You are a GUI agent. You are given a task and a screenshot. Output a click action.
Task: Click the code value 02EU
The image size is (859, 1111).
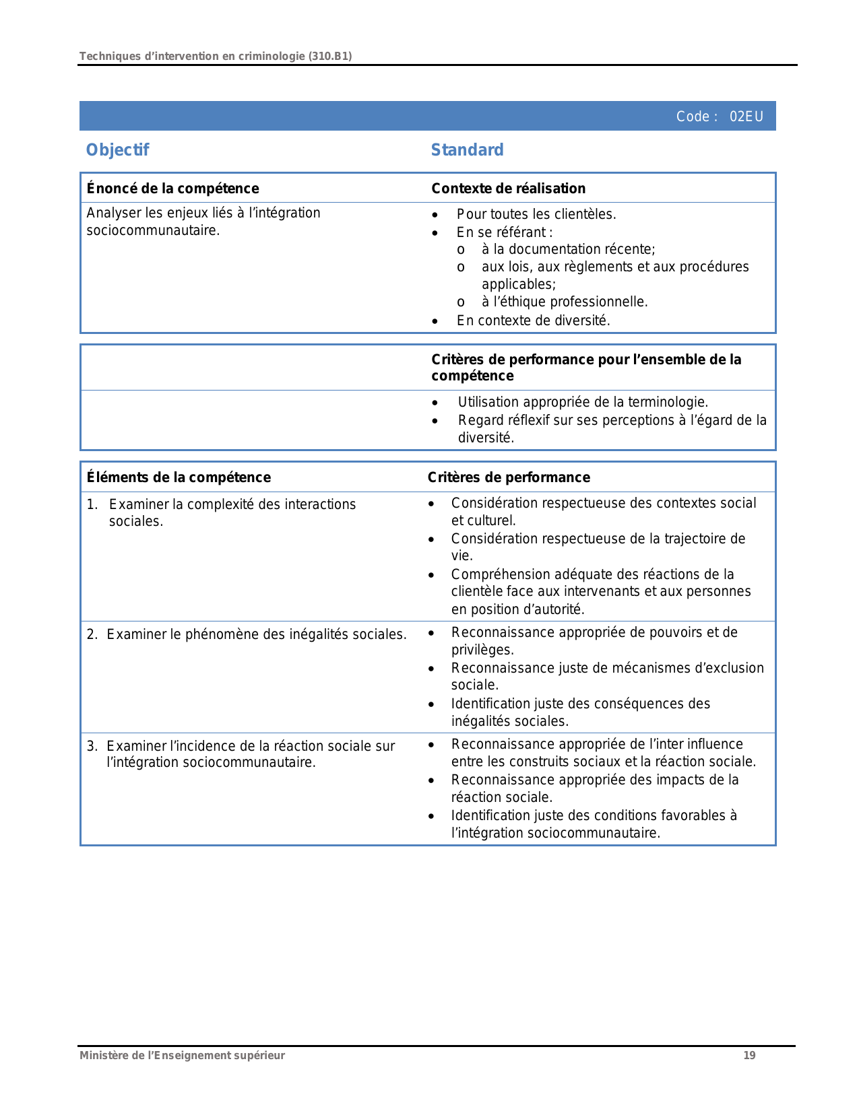[746, 116]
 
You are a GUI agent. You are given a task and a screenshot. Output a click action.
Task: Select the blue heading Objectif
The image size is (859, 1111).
[117, 149]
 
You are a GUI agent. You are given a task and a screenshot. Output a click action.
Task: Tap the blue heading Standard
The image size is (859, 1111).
[467, 149]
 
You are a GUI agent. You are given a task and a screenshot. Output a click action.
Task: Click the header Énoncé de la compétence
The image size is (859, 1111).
[172, 189]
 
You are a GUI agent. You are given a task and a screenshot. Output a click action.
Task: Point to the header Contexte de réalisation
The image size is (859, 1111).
[508, 189]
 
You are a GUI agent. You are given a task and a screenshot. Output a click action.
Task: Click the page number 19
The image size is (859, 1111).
[749, 1055]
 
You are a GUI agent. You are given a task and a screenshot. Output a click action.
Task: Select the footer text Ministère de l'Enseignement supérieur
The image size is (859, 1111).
[182, 1055]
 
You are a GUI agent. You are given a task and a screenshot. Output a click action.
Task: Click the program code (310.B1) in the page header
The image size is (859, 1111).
[330, 56]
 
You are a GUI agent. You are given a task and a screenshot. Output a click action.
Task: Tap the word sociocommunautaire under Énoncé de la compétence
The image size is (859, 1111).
[153, 230]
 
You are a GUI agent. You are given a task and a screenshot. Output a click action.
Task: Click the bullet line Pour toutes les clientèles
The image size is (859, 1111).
[536, 214]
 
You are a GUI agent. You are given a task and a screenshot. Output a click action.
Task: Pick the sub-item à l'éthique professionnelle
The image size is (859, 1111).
[565, 302]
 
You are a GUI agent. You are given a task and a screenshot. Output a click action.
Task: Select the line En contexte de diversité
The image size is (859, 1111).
[533, 321]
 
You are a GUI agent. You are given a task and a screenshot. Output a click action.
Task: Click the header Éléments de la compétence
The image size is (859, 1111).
[179, 477]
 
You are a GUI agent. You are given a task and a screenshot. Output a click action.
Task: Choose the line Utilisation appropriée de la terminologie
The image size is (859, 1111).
[583, 402]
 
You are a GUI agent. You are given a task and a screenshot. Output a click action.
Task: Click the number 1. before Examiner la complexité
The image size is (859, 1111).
[92, 504]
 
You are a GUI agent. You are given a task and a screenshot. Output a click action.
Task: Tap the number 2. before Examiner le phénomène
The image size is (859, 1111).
[92, 634]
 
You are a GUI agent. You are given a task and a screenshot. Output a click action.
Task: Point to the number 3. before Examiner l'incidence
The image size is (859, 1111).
[92, 746]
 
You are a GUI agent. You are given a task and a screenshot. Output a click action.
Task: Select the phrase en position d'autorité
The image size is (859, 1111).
[517, 609]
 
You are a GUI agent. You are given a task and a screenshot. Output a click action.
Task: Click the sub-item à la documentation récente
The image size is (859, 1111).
[568, 249]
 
